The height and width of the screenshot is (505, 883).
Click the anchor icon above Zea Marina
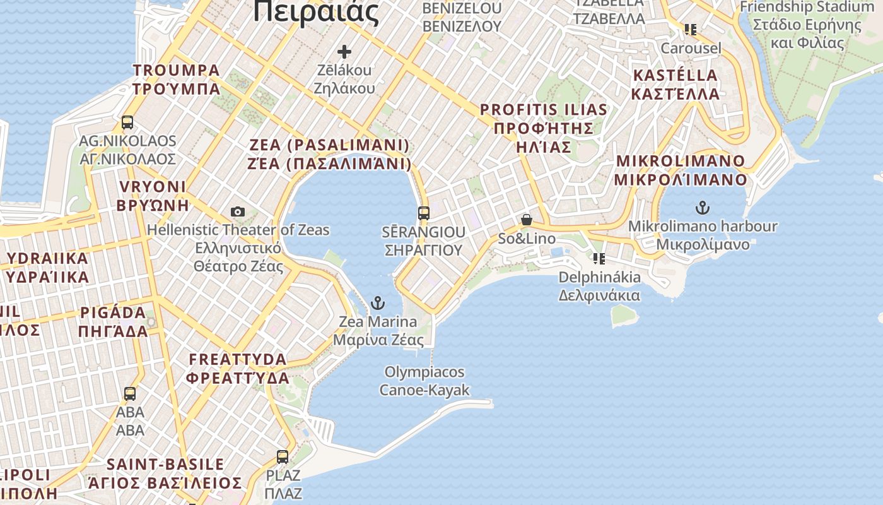378,303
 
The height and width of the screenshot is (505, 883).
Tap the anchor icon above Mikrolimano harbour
702,207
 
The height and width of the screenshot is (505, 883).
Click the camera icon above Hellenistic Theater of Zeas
238,211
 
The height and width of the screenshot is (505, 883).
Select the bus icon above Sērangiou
424,213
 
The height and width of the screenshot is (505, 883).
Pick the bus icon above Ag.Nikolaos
127,122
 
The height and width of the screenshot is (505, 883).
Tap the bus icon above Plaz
283,456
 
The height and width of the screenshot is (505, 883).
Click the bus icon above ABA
130,394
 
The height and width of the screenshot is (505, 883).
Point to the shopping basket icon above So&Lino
527,220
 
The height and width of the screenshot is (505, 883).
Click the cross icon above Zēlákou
344,51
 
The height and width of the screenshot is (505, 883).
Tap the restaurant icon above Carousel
691,30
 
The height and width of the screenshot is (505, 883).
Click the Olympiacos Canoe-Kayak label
424,381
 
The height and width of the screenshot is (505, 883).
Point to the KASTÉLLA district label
675,85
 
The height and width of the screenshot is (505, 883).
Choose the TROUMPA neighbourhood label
177,79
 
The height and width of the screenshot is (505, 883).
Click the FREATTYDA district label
238,369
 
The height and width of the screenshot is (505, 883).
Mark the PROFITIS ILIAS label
544,128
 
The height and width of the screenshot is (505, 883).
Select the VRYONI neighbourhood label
153,196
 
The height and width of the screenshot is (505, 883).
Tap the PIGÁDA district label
114,322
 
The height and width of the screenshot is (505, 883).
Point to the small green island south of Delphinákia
624,315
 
